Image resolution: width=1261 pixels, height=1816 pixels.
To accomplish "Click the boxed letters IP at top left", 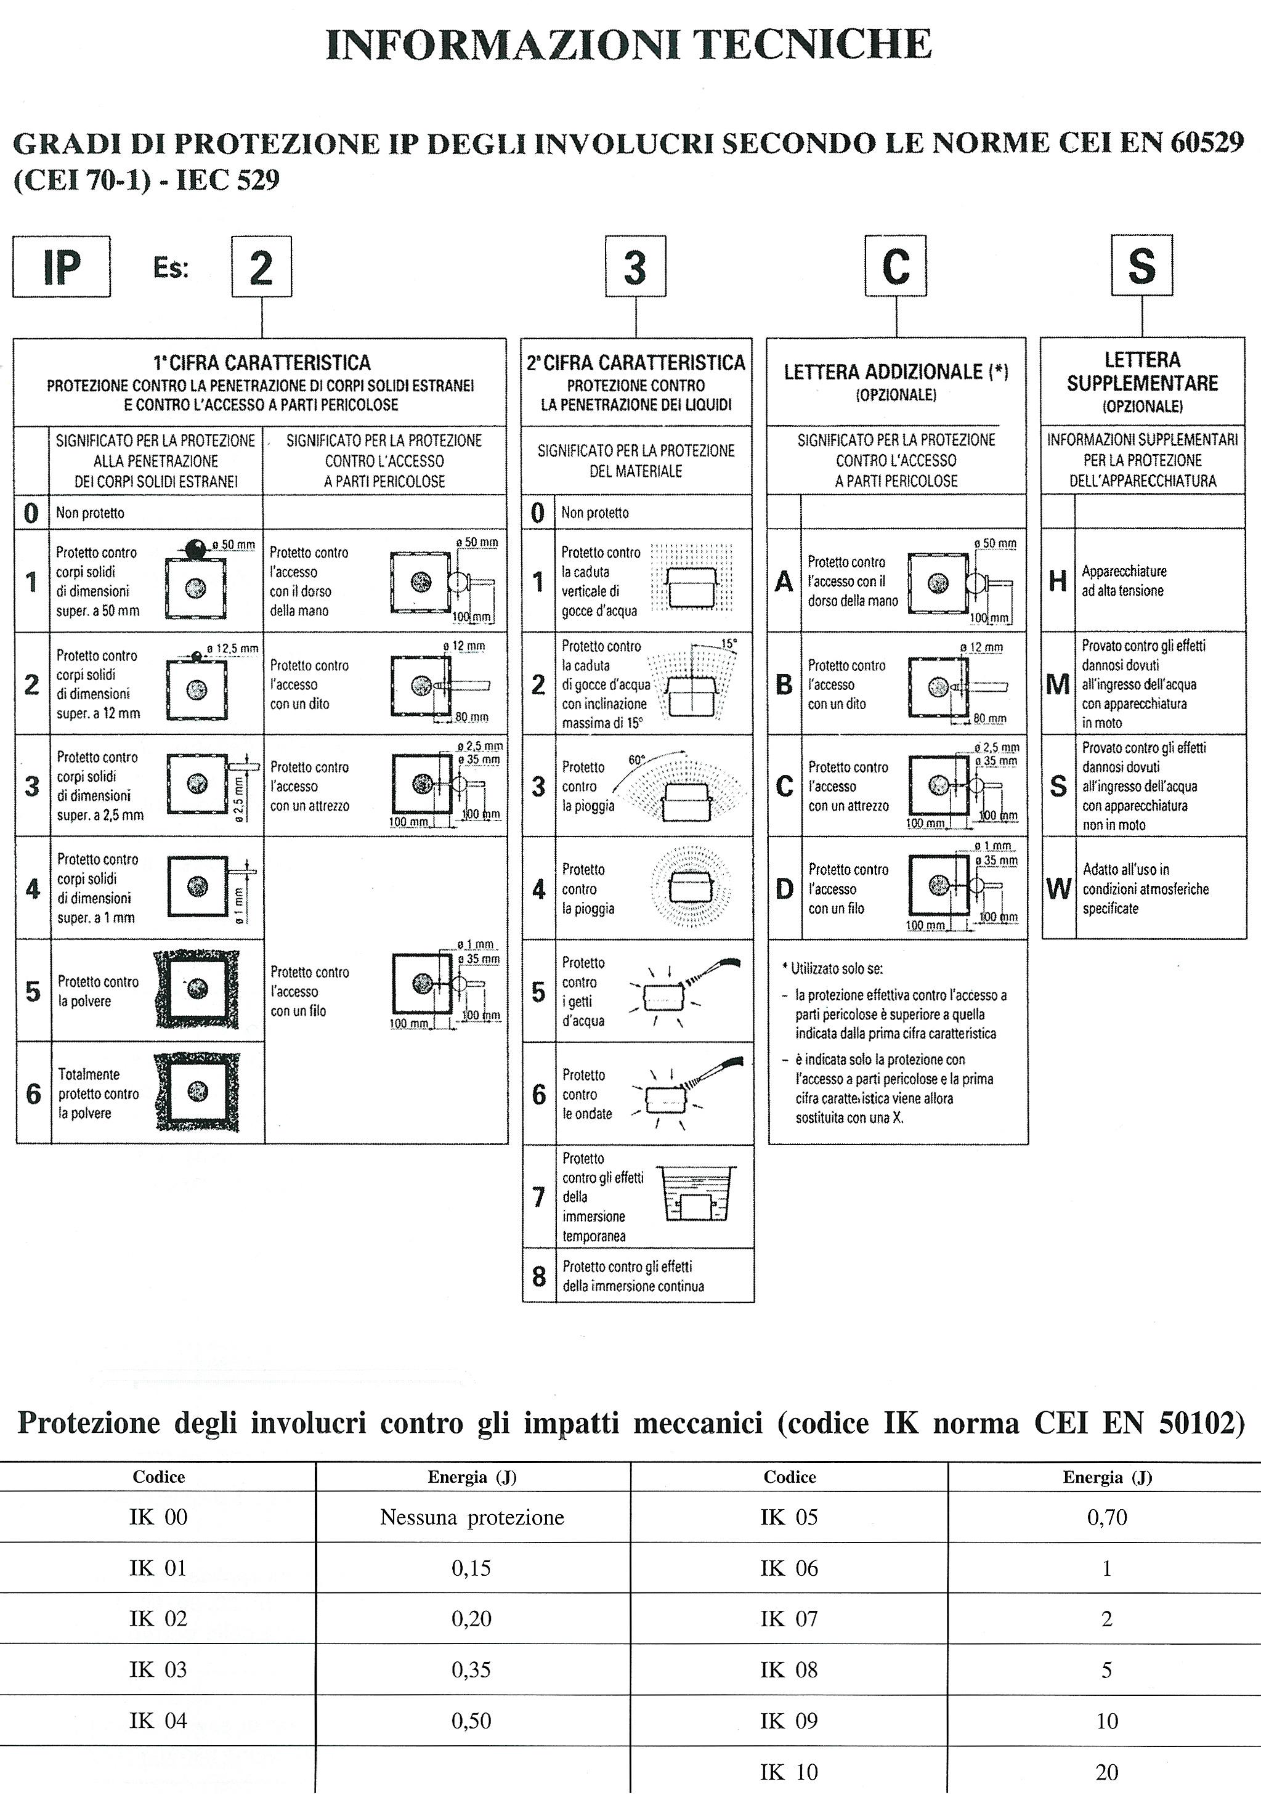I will pyautogui.click(x=61, y=267).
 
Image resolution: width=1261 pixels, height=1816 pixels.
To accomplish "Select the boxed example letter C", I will pyautogui.click(x=895, y=266).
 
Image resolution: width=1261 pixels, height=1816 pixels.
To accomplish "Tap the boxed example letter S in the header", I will pyautogui.click(x=1141, y=266).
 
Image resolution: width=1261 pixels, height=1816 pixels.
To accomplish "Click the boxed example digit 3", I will pyautogui.click(x=635, y=267).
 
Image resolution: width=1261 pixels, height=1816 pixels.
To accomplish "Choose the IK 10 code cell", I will pyautogui.click(x=789, y=1772).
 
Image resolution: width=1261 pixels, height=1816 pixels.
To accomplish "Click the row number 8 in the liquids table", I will pyautogui.click(x=539, y=1276).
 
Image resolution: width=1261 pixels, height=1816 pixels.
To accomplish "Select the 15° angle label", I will pyautogui.click(x=729, y=644).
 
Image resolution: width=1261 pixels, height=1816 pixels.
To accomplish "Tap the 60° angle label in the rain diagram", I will pyautogui.click(x=637, y=760).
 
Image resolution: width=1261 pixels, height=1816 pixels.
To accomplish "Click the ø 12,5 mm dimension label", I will pyautogui.click(x=232, y=649).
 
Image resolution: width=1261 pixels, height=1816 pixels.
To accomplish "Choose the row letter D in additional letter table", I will pyautogui.click(x=784, y=890).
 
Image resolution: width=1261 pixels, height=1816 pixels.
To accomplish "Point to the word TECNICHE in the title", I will pyautogui.click(x=816, y=44).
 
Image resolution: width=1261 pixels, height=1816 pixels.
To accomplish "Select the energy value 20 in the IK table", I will pyautogui.click(x=1107, y=1772).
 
